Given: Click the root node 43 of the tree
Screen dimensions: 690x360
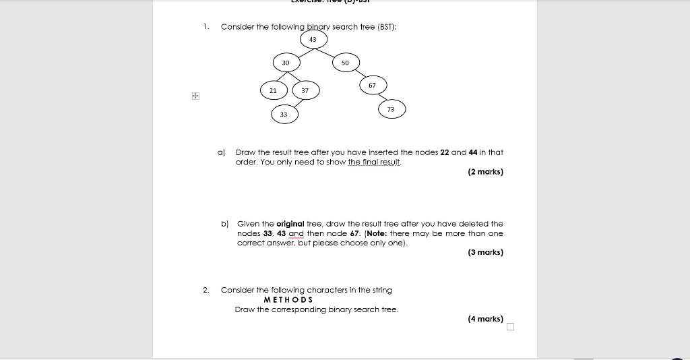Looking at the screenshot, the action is (313, 40).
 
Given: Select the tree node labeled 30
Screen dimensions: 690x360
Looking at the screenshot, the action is (286, 63).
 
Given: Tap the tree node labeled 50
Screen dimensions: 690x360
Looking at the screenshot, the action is (346, 63).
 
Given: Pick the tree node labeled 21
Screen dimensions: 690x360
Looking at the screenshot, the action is (274, 90).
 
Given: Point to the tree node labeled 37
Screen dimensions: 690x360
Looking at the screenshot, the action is (305, 90).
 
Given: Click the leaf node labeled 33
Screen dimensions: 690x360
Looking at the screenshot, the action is (284, 115).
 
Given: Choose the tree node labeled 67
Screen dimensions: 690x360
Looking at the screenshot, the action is (373, 86).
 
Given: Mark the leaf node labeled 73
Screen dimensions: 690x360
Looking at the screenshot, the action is (391, 109).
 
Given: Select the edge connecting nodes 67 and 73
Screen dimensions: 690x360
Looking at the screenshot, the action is (382, 98).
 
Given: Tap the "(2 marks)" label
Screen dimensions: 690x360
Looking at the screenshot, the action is (485, 172).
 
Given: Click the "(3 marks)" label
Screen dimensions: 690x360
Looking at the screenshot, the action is (485, 252).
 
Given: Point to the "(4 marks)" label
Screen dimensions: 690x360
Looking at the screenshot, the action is (485, 319).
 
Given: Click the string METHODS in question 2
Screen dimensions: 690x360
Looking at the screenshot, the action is (288, 300).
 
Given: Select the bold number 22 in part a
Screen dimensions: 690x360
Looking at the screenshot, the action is (445, 152).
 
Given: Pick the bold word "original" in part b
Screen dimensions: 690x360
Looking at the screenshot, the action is (290, 224).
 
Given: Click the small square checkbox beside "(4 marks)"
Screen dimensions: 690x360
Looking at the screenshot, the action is (510, 327).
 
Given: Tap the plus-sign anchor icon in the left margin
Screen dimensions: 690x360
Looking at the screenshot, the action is (195, 96).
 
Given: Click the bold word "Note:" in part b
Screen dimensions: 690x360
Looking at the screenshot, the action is (377, 233).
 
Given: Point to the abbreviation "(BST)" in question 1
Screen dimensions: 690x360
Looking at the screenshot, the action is (385, 27).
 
